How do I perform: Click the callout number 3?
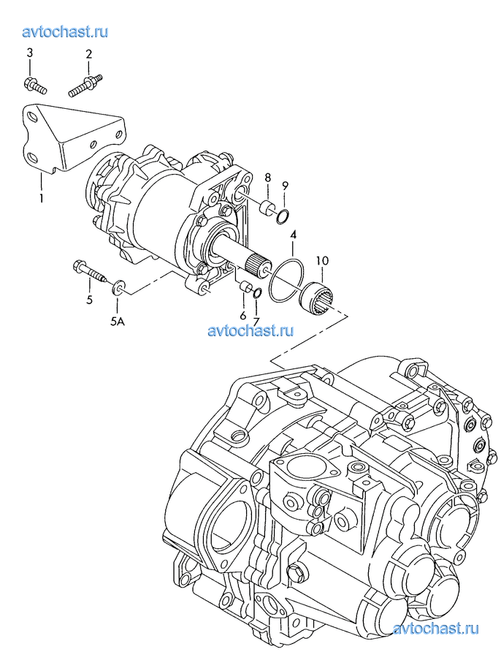coord(29,53)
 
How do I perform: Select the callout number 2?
coord(89,54)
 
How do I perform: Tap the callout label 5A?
coord(118,322)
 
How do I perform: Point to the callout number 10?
coord(323,260)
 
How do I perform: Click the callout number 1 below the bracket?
coord(41,198)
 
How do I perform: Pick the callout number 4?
coord(293,234)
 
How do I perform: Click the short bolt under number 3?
coord(35,85)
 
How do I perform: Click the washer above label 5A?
coord(118,287)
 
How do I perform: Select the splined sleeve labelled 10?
coord(315,298)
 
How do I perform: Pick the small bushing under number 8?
coord(267,208)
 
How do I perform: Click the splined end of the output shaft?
coord(256,265)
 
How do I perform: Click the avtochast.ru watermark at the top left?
coord(65,31)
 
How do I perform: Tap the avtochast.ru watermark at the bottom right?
coord(435,629)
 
